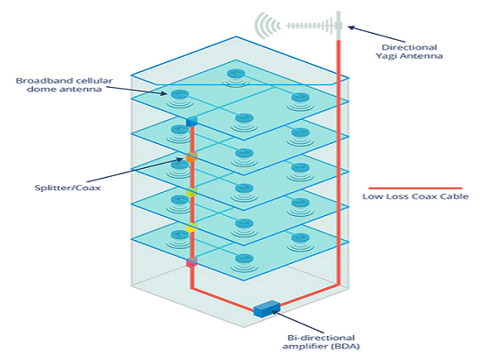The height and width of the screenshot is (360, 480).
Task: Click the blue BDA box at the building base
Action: click(x=266, y=308)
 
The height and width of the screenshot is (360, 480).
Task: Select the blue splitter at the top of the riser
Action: click(x=190, y=122)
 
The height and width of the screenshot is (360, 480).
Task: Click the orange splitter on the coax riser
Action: click(x=190, y=158)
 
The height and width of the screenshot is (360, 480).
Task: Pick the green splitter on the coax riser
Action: click(x=190, y=193)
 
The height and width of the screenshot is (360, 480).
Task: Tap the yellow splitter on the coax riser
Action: click(x=190, y=228)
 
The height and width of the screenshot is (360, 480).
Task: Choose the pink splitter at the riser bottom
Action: click(x=190, y=262)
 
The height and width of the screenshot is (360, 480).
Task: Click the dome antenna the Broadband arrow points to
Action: click(x=179, y=95)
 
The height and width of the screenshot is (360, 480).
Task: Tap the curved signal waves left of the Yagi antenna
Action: click(x=266, y=25)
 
